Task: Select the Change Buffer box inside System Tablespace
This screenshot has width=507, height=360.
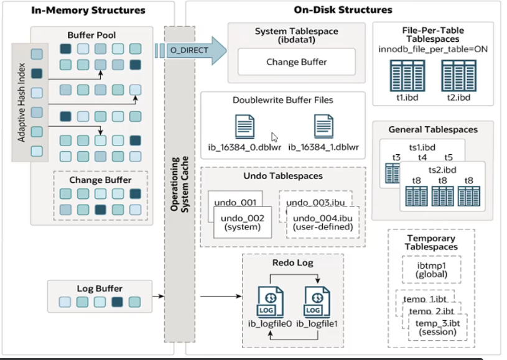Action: [x=297, y=62]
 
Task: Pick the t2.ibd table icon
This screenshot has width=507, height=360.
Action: [x=458, y=76]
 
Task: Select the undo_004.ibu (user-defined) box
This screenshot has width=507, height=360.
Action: [x=323, y=223]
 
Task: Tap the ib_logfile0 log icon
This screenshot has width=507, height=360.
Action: [x=269, y=301]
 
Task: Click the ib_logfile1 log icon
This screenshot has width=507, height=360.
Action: [x=317, y=301]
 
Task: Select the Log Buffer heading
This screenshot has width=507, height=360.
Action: [x=100, y=288]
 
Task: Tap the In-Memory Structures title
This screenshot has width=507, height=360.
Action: [x=87, y=10]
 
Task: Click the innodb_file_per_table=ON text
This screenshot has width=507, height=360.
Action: [x=432, y=48]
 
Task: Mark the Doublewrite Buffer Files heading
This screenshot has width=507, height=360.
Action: [x=282, y=99]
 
